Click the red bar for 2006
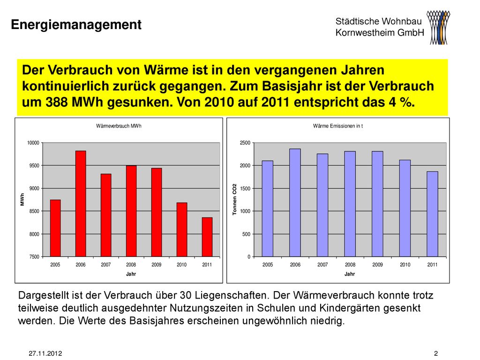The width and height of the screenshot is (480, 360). click(x=81, y=203)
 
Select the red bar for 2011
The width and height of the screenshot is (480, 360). click(x=207, y=237)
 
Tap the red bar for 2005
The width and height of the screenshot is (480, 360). click(x=55, y=228)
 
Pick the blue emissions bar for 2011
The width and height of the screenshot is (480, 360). click(x=432, y=214)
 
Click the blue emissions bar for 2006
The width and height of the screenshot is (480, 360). click(x=295, y=202)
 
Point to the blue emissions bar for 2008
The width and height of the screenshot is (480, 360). click(x=350, y=204)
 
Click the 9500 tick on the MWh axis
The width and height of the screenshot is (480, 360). click(x=34, y=165)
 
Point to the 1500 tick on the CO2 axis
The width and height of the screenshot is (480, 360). click(x=245, y=188)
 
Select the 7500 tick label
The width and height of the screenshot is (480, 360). click(x=34, y=257)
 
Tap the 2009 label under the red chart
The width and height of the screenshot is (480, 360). click(x=157, y=265)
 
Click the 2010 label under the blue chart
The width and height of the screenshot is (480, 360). click(x=405, y=265)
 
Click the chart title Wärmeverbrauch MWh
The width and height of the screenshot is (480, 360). click(x=119, y=126)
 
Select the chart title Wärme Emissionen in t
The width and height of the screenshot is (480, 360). click(x=338, y=126)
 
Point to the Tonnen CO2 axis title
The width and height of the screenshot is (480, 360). click(x=235, y=199)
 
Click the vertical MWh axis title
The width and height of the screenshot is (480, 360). click(x=22, y=200)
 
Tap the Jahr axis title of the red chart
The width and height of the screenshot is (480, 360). click(x=131, y=274)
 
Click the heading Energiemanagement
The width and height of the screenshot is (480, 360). click(x=76, y=24)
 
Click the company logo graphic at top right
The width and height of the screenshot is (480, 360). click(x=438, y=28)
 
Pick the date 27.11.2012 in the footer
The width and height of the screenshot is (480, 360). click(x=45, y=353)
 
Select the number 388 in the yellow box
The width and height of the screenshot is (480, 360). click(x=57, y=102)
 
